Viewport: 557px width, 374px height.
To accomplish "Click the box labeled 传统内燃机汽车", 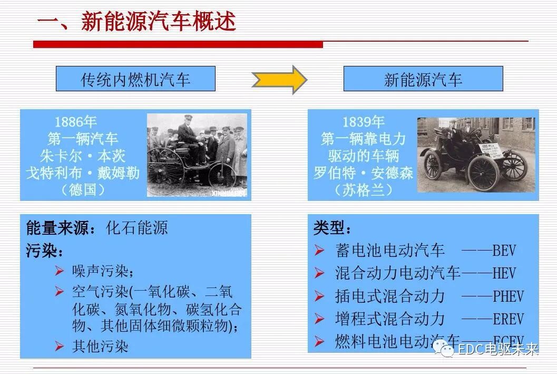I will [135, 79].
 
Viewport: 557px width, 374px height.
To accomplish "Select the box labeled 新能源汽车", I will [423, 79].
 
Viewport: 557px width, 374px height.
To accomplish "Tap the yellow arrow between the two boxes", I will [279, 80].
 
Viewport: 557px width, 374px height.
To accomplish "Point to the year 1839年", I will [363, 122].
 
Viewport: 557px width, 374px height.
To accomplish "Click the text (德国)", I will [83, 189].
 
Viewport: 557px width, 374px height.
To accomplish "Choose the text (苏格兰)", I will [363, 189].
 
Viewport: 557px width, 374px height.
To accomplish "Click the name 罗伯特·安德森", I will [363, 172].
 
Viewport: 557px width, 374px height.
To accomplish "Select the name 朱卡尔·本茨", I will [83, 156].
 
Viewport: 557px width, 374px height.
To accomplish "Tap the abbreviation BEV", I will [504, 250].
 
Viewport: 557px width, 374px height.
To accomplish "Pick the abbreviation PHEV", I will [508, 296].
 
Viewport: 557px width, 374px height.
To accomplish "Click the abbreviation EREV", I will [508, 319].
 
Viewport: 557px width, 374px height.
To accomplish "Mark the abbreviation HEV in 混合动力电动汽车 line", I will [504, 273].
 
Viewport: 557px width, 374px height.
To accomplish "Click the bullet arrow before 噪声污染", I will [59, 271].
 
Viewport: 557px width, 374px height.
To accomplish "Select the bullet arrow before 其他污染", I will [59, 346].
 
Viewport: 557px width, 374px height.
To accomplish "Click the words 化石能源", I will [137, 228].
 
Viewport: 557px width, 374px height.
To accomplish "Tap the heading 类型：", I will [332, 228].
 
